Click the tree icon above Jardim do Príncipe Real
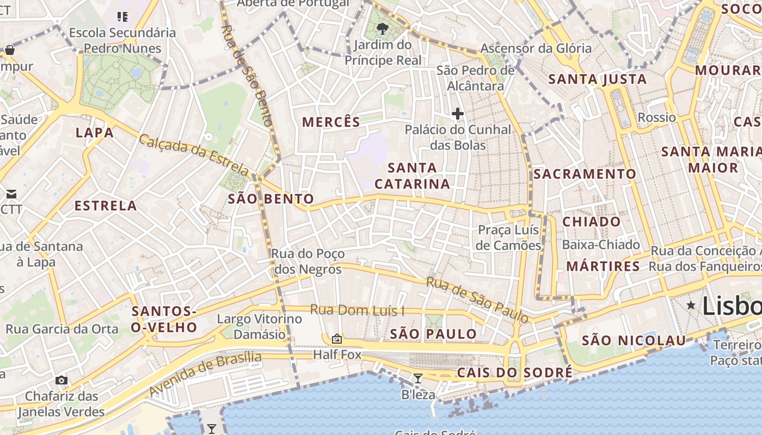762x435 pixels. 383,28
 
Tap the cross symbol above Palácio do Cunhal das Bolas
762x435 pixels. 458,114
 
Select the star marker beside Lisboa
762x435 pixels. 691,305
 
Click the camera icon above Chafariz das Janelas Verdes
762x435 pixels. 62,380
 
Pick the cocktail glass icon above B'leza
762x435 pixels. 418,378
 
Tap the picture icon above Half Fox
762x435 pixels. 337,339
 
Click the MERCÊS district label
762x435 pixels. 331,122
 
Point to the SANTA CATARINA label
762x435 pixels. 413,176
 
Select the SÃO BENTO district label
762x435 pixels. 271,199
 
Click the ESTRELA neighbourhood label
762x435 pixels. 106,206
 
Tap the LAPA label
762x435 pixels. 95,133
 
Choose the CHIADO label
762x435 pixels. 592,222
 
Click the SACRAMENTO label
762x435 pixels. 585,174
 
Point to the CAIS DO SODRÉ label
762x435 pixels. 515,372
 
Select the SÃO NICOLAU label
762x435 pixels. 634,341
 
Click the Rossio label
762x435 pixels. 656,117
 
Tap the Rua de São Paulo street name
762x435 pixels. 477,299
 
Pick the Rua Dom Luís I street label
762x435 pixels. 357,310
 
